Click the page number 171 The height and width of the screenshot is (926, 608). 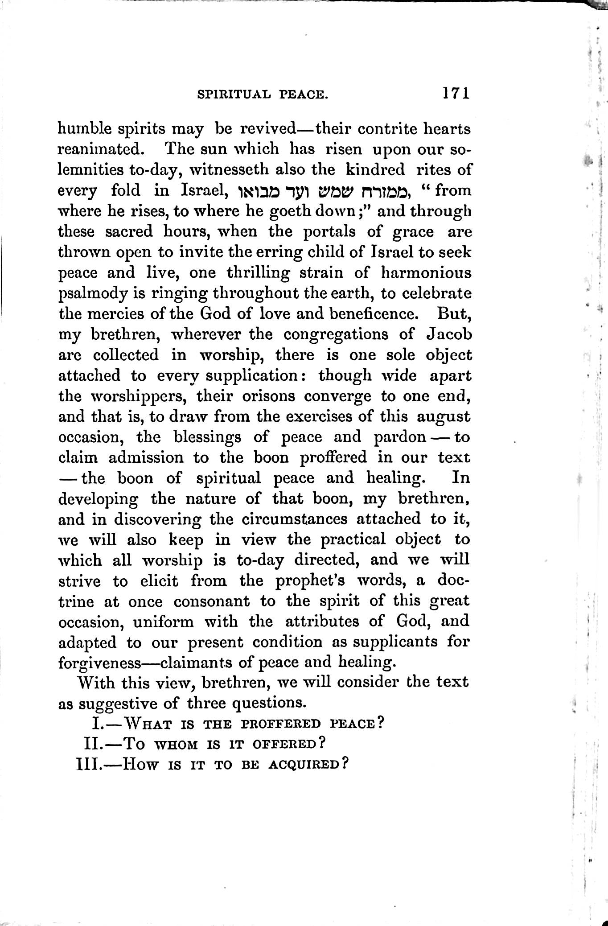tap(456, 93)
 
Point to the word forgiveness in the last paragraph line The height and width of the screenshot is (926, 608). tap(100, 662)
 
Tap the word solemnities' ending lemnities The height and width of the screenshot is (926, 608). tap(89, 170)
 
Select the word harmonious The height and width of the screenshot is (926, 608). tap(424, 273)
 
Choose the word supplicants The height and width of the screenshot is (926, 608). tap(396, 642)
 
